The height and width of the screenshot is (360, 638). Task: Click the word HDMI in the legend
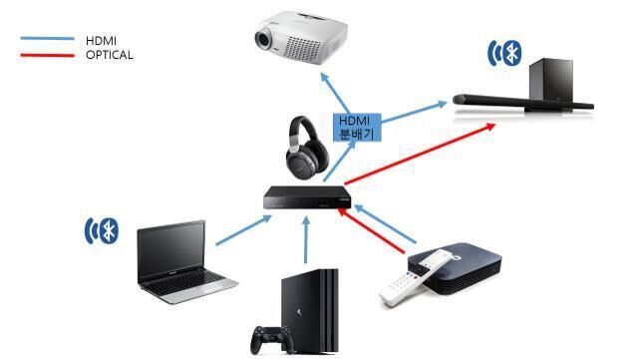(x=101, y=41)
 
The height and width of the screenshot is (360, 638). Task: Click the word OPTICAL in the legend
(x=109, y=55)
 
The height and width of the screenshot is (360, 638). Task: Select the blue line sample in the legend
(x=47, y=38)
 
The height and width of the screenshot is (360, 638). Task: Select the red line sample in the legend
(x=47, y=56)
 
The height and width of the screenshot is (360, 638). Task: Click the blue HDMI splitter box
(x=357, y=128)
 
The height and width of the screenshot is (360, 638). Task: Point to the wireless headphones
(x=307, y=146)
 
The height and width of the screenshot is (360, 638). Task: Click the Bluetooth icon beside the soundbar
(x=505, y=53)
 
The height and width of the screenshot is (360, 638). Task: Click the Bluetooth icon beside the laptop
(x=102, y=231)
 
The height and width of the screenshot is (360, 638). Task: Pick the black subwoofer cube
(x=551, y=81)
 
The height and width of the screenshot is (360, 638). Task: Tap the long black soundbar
(x=523, y=103)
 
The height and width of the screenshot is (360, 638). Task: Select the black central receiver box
(x=307, y=197)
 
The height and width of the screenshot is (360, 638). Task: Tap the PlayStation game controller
(x=271, y=340)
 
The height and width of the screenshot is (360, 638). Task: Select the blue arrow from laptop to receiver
(x=243, y=230)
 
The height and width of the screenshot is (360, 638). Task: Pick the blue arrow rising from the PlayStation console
(x=306, y=240)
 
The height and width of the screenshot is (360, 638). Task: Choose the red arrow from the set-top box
(x=372, y=231)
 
